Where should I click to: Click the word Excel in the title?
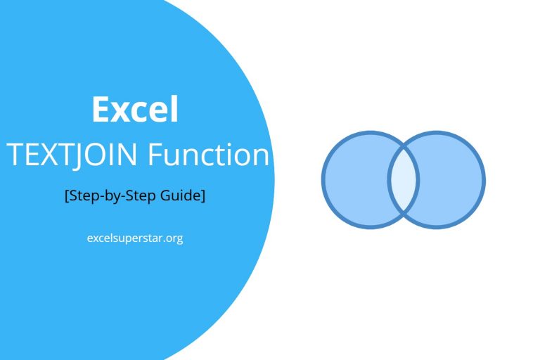pos(134,110)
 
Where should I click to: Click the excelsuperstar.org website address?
pos(134,238)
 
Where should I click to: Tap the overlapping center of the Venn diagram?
pos(404,180)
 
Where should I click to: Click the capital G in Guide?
pos(171,196)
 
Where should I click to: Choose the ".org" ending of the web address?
pos(173,238)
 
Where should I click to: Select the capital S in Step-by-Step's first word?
pos(73,196)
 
